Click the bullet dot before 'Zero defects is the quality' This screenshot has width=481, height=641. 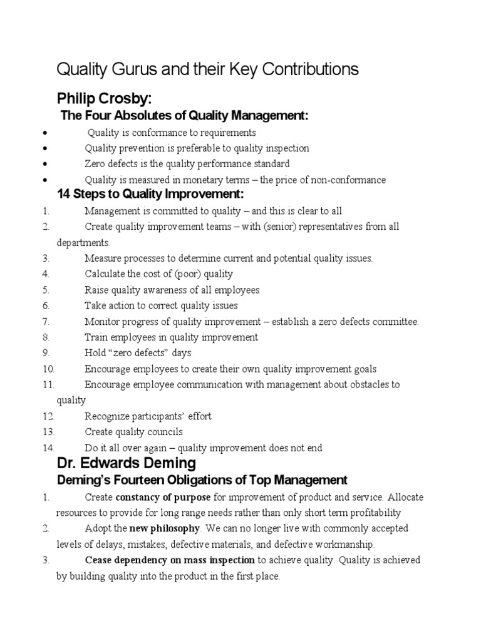(x=47, y=165)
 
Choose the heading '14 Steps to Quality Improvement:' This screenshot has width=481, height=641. (x=150, y=195)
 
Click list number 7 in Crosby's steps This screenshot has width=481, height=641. (x=46, y=322)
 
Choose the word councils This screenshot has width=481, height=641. (x=165, y=432)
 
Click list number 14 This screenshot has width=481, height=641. (x=48, y=448)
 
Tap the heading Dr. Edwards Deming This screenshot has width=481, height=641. (x=126, y=464)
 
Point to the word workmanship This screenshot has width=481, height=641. (x=348, y=544)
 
